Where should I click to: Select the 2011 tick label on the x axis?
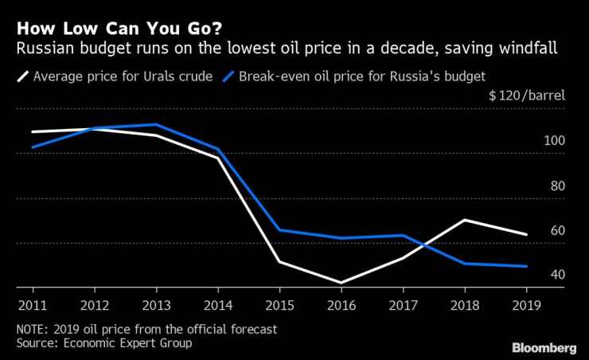[31, 304]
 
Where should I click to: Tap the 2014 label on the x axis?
[218, 304]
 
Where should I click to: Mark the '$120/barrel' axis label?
[526, 96]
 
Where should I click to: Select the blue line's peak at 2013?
[156, 124]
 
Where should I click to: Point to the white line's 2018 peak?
[466, 220]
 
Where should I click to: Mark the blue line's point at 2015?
[280, 230]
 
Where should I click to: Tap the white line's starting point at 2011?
[32, 131]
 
